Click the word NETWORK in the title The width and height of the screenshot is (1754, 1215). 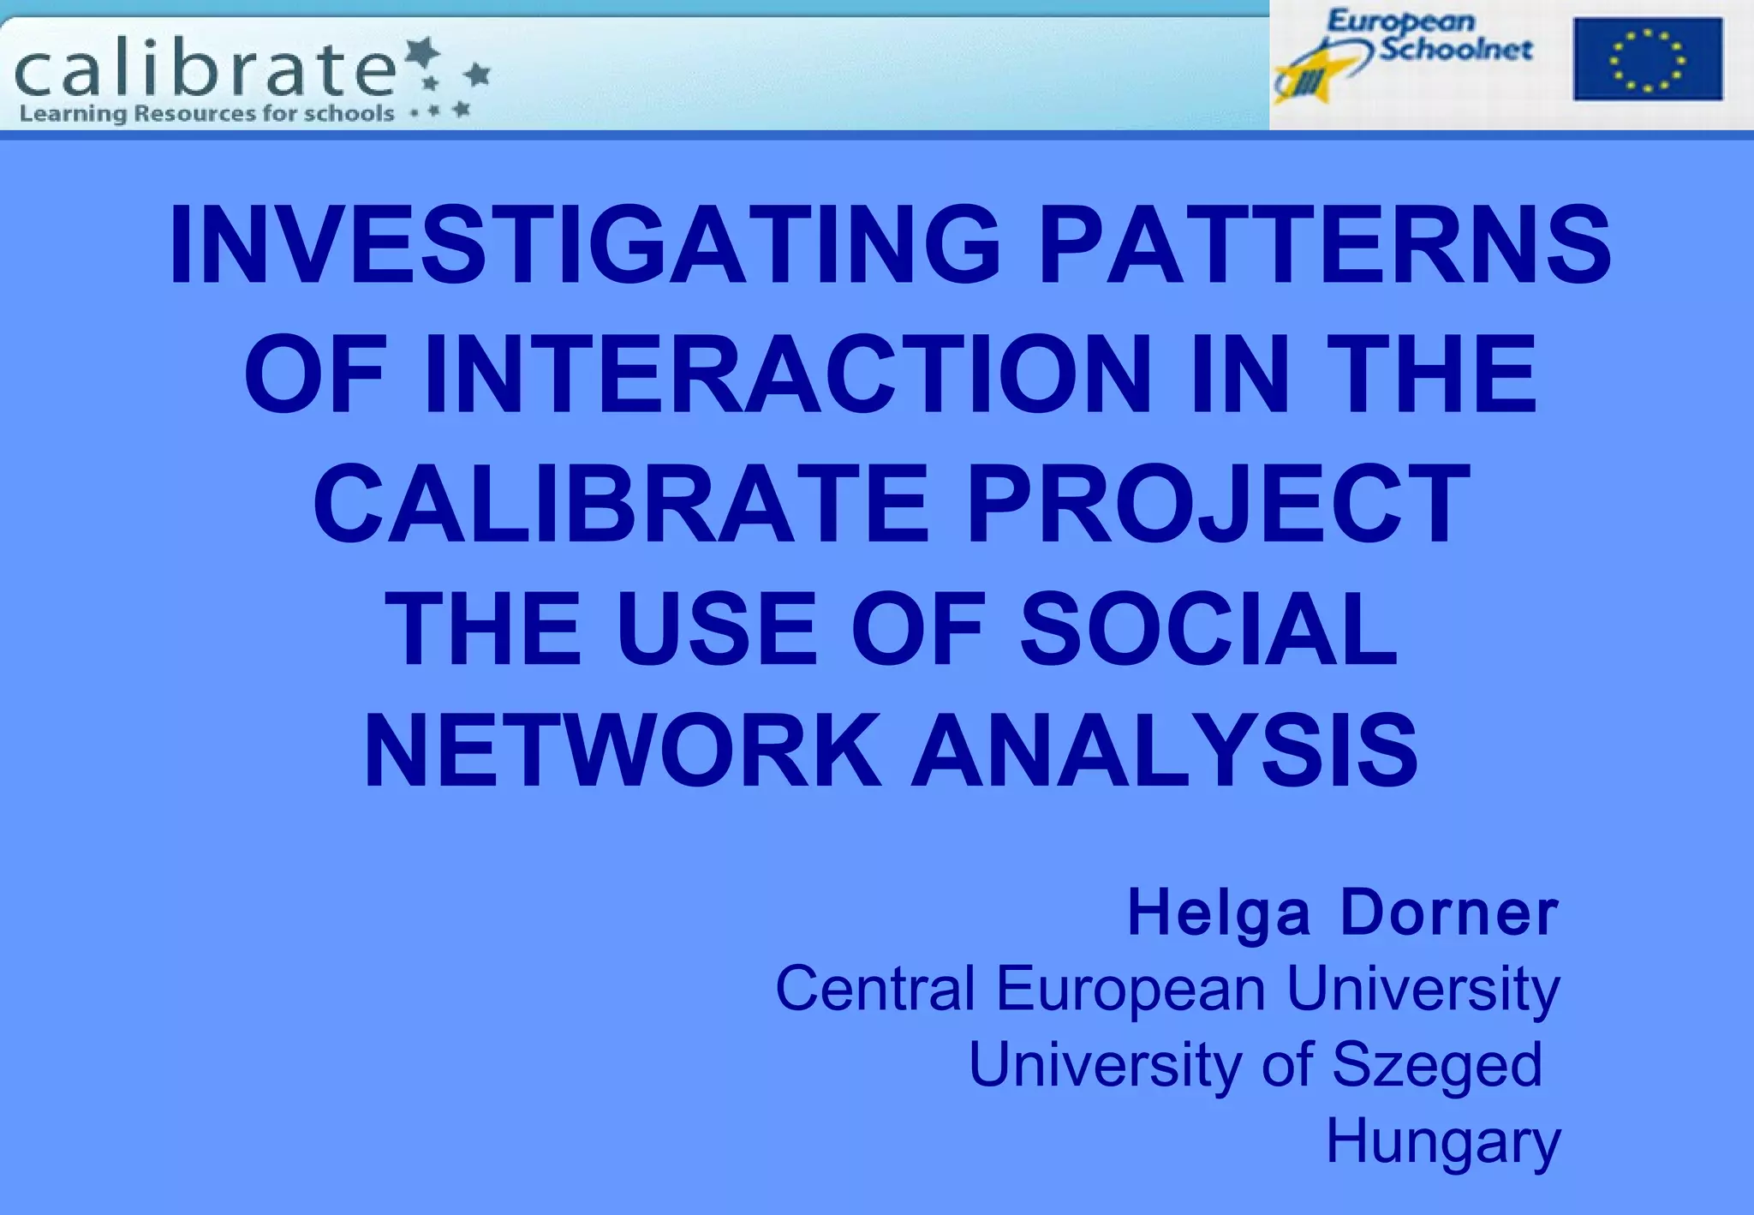click(x=623, y=751)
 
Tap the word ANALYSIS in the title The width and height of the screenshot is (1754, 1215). click(x=1165, y=751)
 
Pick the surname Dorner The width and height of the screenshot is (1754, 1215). click(x=1449, y=913)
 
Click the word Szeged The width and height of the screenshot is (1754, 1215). click(x=1436, y=1065)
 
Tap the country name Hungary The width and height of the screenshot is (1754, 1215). click(x=1443, y=1142)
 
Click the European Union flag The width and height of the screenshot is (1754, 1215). click(x=1647, y=59)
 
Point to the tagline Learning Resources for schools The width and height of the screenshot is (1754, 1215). click(x=206, y=114)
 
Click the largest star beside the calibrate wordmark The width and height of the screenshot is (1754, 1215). click(x=421, y=54)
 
